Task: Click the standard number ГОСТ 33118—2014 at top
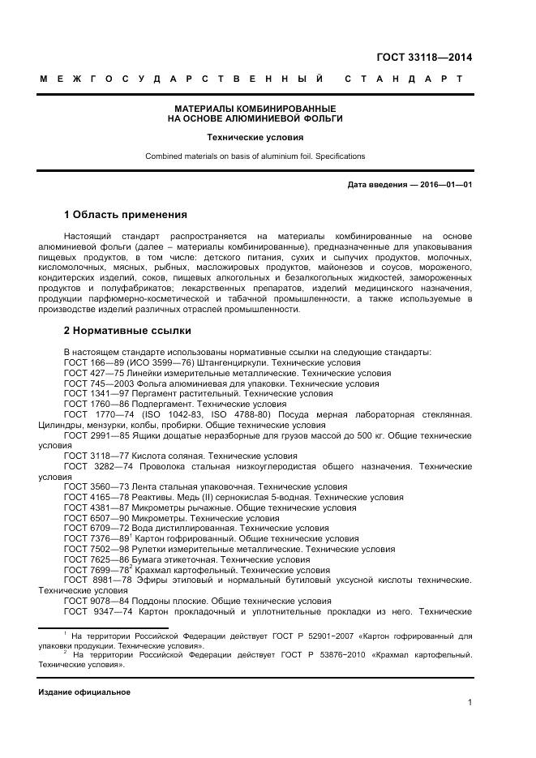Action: pyautogui.click(x=424, y=57)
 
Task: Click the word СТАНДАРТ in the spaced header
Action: pyautogui.click(x=404, y=79)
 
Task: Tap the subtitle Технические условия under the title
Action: pyautogui.click(x=255, y=138)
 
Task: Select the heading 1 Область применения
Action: pyautogui.click(x=125, y=215)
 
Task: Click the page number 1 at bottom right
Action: pyautogui.click(x=470, y=702)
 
